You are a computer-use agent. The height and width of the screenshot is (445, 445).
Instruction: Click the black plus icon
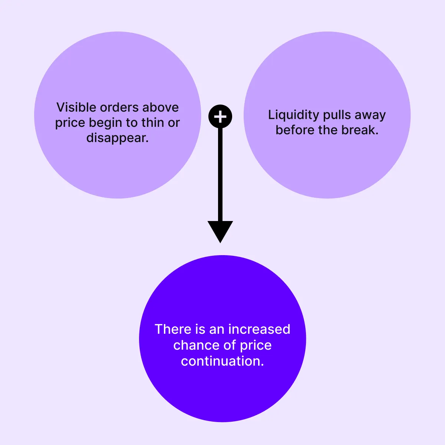tap(220, 117)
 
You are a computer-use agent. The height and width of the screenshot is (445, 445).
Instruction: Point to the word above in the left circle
tap(161, 108)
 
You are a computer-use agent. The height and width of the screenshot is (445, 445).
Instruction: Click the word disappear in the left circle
tap(118, 138)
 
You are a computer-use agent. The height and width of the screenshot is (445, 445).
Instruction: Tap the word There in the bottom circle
tap(172, 329)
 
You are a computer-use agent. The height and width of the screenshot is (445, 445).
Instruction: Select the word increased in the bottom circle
tap(259, 329)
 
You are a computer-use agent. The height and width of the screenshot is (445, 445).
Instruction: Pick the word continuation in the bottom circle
tap(222, 361)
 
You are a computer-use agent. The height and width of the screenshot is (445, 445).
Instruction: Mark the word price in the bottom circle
tap(256, 346)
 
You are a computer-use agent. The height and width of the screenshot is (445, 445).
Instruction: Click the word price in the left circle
tap(70, 123)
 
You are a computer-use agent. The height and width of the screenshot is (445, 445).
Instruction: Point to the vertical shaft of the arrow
tap(220, 174)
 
